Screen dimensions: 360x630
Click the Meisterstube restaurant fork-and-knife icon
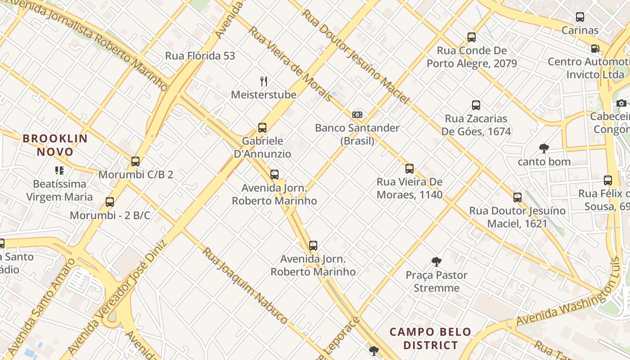pos(264,81)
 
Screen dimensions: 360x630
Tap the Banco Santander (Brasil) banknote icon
pos(357,115)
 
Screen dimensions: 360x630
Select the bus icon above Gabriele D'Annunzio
pos(262,128)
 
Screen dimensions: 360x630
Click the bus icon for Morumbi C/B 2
pos(135,162)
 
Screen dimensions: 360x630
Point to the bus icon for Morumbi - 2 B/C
pos(110,202)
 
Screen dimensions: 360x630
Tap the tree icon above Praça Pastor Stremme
pos(436,261)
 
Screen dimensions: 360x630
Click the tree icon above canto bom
pos(544,148)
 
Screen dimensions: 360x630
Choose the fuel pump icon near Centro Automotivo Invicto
pos(595,49)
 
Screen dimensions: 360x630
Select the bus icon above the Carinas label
pos(580,18)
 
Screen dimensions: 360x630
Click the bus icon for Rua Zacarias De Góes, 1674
pos(476,105)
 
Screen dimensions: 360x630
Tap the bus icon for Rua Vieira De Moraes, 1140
pos(409,169)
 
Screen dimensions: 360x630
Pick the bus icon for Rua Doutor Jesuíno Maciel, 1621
pos(517,197)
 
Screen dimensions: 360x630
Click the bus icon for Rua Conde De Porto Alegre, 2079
pos(472,37)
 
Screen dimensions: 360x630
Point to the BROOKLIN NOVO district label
pos(55,145)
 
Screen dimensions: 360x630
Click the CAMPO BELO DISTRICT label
pos(431,338)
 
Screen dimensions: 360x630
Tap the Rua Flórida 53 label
pos(200,56)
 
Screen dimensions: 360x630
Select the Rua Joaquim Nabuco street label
pos(244,285)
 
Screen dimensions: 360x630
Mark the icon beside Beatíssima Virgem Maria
pos(59,171)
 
